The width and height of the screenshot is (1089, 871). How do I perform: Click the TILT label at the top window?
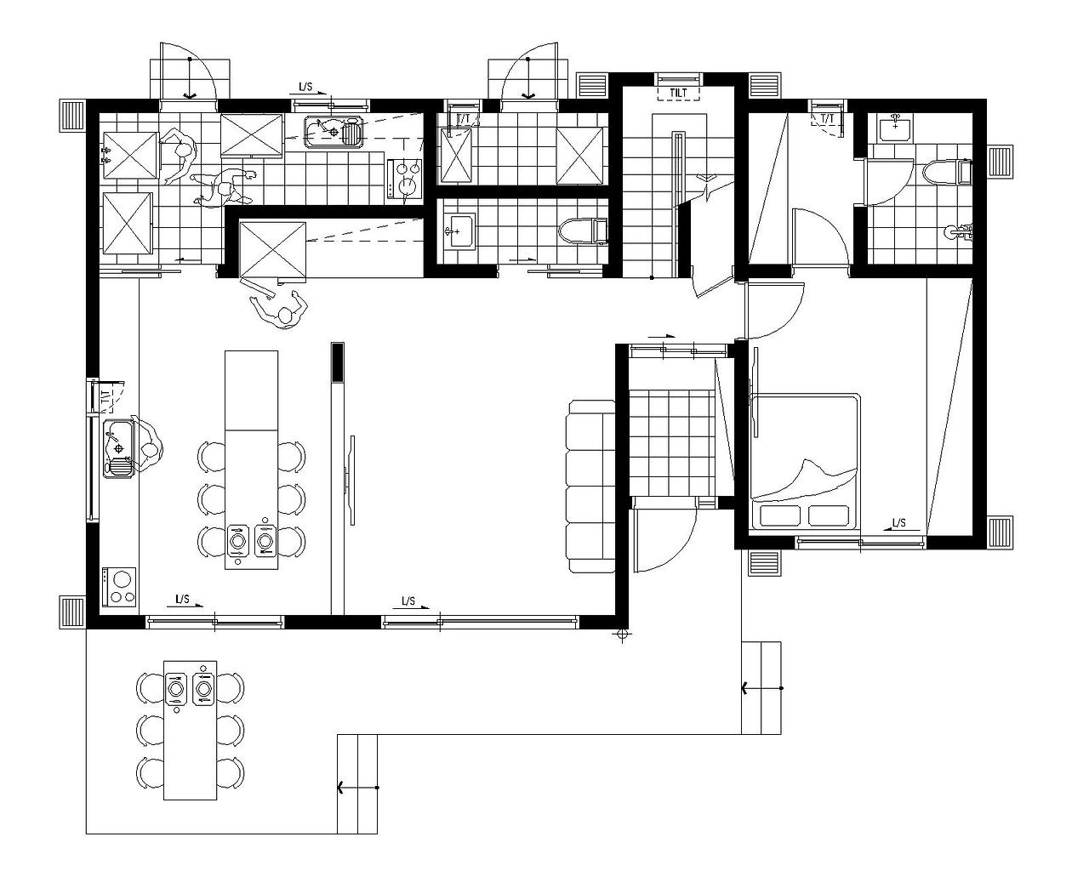678,94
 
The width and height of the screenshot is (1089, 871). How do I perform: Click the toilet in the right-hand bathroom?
947,173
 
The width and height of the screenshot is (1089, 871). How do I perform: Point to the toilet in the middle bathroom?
583,231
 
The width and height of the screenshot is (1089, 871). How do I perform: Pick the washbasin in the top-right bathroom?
895,128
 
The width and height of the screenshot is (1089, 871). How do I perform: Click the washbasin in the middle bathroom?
460,231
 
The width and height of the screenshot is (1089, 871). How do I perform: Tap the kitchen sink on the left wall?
118,449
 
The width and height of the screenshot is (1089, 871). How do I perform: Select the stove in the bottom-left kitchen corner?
119,587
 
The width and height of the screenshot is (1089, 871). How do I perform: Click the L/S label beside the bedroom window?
898,523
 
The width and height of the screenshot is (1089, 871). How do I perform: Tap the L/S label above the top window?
305,87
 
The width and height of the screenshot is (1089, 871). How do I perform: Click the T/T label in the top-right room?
827,119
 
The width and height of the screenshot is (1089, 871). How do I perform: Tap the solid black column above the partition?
338,362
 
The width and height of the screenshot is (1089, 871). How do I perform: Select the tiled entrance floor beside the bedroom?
671,443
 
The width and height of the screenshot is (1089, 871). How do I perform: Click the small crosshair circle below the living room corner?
623,633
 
